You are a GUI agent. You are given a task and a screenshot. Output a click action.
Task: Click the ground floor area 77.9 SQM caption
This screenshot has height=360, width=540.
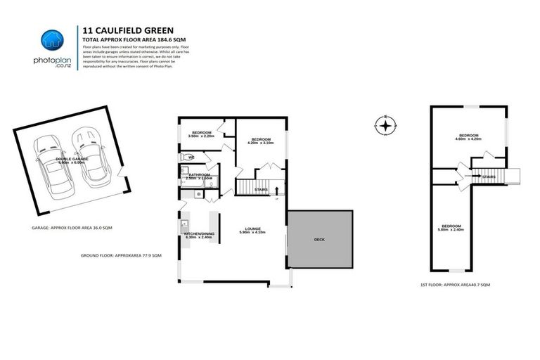click(x=121, y=255)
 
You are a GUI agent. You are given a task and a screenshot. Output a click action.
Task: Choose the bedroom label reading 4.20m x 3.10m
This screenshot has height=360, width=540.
click(x=261, y=141)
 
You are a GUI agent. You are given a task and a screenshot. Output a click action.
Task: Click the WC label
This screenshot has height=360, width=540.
click(x=191, y=157)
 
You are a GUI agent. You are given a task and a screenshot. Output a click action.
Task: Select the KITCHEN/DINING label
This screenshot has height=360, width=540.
click(x=198, y=236)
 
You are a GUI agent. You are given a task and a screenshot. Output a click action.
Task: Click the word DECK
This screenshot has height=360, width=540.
click(x=319, y=240)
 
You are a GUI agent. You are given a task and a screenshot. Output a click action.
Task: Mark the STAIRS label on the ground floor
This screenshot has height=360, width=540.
click(x=261, y=190)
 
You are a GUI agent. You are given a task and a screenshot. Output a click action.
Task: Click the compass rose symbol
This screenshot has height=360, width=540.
click(x=385, y=127)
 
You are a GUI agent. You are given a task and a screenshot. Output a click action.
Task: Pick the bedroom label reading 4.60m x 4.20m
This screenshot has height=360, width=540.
click(x=469, y=137)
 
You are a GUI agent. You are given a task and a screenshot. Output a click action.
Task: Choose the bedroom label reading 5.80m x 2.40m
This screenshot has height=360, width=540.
click(x=449, y=228)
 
